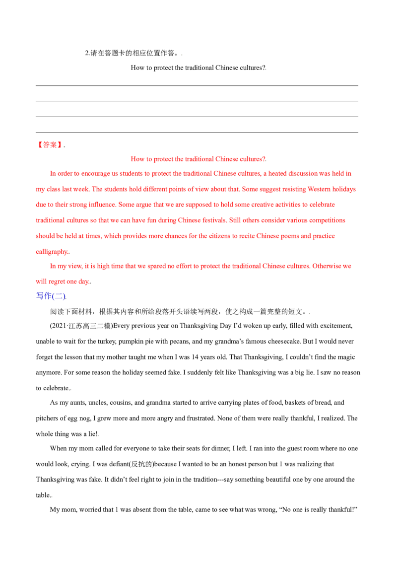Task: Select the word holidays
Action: tap(345, 190)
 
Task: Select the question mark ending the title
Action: tap(265, 159)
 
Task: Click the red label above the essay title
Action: tap(50, 144)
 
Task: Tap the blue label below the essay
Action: tap(51, 296)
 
